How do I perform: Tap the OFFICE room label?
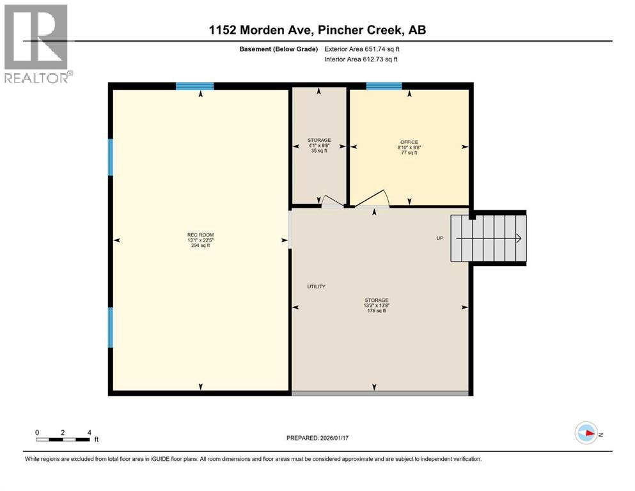pos(409,142)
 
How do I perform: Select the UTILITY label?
pos(316,286)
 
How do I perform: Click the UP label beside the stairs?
pos(440,238)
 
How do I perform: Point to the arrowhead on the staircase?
pos(519,238)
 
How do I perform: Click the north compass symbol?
pos(586,433)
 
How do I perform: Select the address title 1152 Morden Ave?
pos(317,29)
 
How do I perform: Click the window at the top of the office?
pos(384,86)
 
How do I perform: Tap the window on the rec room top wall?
pos(194,86)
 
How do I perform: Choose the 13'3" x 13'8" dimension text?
pos(377,306)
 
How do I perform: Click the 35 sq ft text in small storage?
pos(319,152)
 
